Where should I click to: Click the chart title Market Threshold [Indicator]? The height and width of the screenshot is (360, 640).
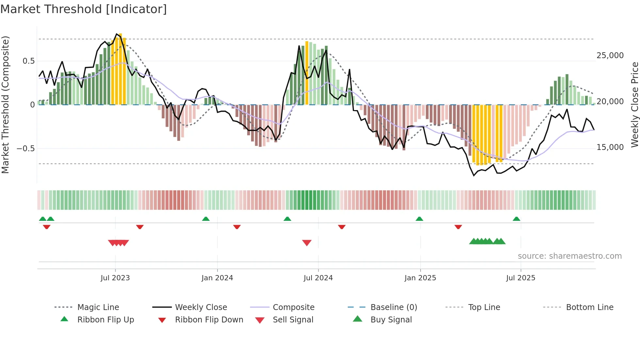tap(84, 9)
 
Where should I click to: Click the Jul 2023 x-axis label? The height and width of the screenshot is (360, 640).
tap(115, 278)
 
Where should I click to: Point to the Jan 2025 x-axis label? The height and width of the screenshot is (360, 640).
tap(420, 278)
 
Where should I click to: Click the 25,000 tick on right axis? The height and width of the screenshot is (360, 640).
tap(610, 56)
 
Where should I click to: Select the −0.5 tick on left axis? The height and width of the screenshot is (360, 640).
tap(25, 149)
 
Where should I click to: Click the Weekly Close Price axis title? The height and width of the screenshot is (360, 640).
tap(634, 105)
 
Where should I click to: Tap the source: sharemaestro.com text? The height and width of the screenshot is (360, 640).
tap(569, 256)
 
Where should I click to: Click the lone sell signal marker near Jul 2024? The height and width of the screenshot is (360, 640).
tap(307, 243)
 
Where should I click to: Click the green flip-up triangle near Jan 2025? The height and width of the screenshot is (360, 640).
tap(419, 219)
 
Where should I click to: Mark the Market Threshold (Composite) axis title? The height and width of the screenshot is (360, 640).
tap(5, 105)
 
